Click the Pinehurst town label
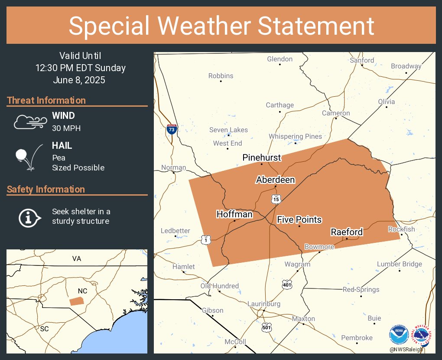(x=262, y=157)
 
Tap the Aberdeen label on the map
(x=276, y=180)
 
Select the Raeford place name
(x=347, y=232)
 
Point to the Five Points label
(x=299, y=219)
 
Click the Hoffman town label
(x=234, y=214)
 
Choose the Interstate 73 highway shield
(x=172, y=129)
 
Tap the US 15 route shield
(x=276, y=199)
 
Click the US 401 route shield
(x=287, y=284)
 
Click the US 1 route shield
(x=206, y=239)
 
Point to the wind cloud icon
(x=30, y=122)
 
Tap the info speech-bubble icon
(x=29, y=217)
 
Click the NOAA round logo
(x=399, y=335)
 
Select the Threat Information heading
(x=46, y=100)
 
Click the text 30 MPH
(x=66, y=128)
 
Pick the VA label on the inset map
(x=77, y=259)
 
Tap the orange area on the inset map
(x=78, y=301)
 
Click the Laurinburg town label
(x=264, y=304)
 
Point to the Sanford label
(x=362, y=60)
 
